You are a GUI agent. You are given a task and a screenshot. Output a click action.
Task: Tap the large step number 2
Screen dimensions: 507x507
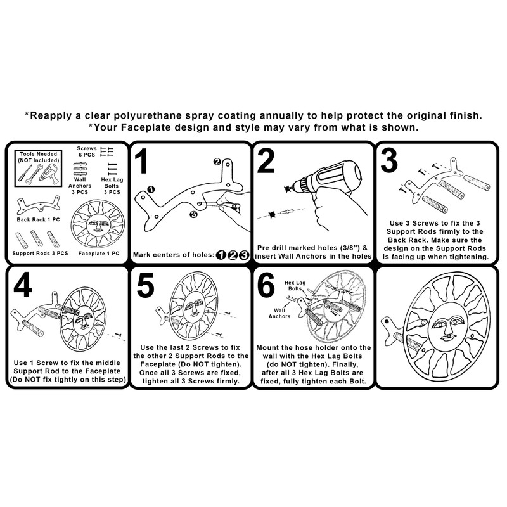(267, 161)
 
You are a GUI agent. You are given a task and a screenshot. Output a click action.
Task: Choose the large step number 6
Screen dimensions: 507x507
(267, 286)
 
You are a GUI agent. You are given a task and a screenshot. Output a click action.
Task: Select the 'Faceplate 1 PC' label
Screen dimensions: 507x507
(98, 252)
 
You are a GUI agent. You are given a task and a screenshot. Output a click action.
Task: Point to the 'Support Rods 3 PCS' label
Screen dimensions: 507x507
(39, 252)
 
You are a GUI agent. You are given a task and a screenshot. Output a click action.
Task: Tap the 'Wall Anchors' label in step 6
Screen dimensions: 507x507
(279, 312)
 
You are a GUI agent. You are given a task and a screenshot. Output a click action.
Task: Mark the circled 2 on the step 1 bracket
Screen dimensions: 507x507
(217, 162)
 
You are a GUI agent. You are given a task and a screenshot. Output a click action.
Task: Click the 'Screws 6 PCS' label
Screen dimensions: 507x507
(88, 151)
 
